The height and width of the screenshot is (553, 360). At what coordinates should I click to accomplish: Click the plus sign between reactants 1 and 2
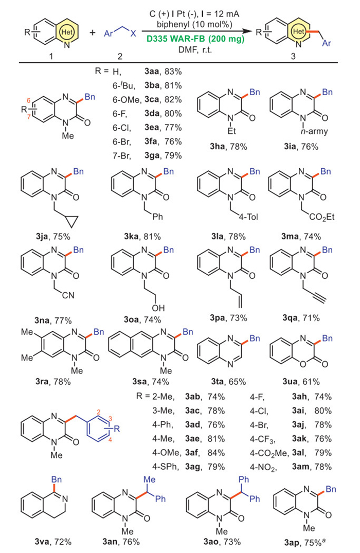[x=93, y=32]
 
